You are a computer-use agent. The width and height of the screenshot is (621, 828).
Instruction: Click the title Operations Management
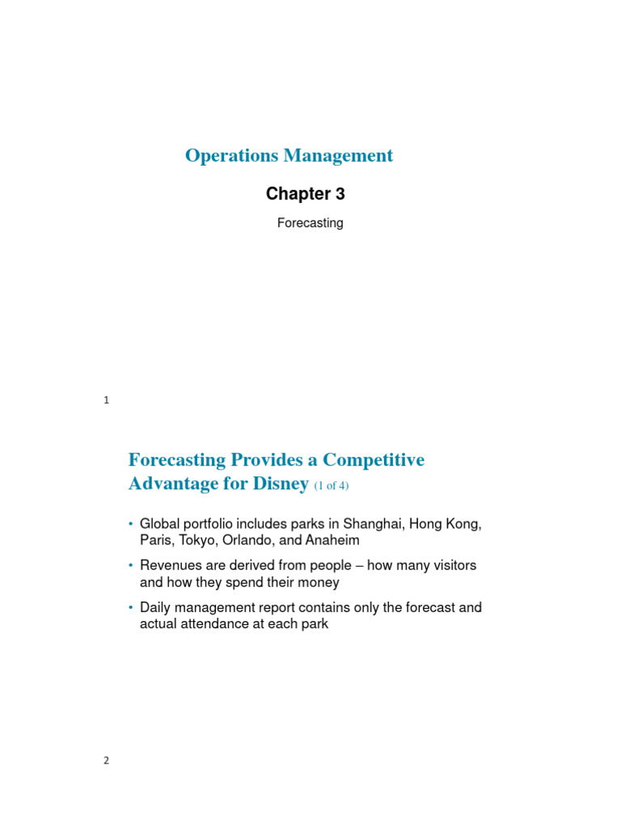tap(289, 155)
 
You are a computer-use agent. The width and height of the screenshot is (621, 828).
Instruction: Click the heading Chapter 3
tap(306, 194)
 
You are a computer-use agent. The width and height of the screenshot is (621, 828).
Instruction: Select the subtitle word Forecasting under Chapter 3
tap(310, 223)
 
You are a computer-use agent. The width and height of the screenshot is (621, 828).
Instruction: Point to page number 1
tap(106, 400)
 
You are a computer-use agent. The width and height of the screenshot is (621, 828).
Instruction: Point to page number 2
tap(106, 760)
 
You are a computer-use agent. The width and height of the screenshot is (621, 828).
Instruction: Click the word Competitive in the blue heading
tap(374, 460)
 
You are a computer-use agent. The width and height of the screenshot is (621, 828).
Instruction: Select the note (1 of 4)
tap(331, 486)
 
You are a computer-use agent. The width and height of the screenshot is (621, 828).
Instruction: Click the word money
tap(317, 582)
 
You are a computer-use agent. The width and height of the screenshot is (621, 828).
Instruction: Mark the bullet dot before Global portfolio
tap(131, 524)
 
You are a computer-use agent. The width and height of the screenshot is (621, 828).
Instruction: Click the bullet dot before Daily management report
tap(131, 607)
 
